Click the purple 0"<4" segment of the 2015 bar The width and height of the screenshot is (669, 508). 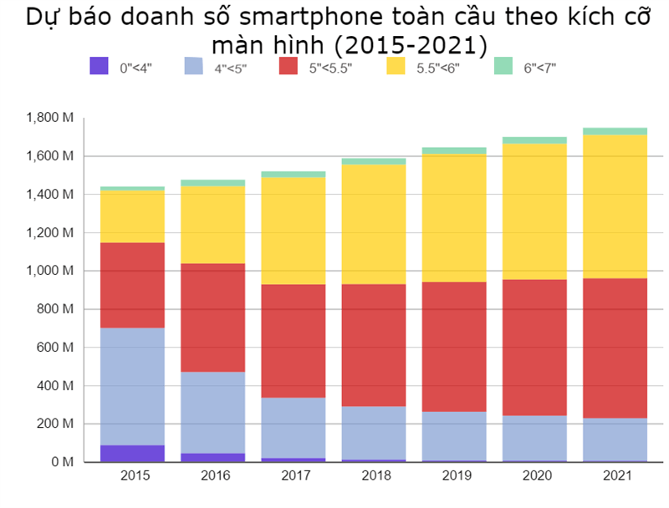[131, 453]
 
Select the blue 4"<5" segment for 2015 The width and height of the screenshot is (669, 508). [131, 386]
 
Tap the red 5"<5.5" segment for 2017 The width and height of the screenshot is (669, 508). [293, 341]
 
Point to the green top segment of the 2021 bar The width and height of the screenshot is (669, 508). [615, 131]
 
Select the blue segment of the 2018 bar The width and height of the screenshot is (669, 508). [374, 434]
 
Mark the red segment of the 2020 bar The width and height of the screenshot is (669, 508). [534, 347]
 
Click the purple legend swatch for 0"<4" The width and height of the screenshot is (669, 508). [99, 66]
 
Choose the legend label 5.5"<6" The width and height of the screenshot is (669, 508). [437, 68]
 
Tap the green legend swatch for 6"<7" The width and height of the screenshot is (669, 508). [503, 66]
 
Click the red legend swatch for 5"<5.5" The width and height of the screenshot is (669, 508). [289, 66]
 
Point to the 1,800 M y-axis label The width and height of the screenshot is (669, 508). [50, 118]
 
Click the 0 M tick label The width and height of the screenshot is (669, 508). [63, 462]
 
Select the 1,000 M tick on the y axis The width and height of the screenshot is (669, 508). [50, 271]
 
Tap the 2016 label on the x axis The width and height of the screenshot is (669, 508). [212, 476]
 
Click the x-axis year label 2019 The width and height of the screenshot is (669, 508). [454, 476]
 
